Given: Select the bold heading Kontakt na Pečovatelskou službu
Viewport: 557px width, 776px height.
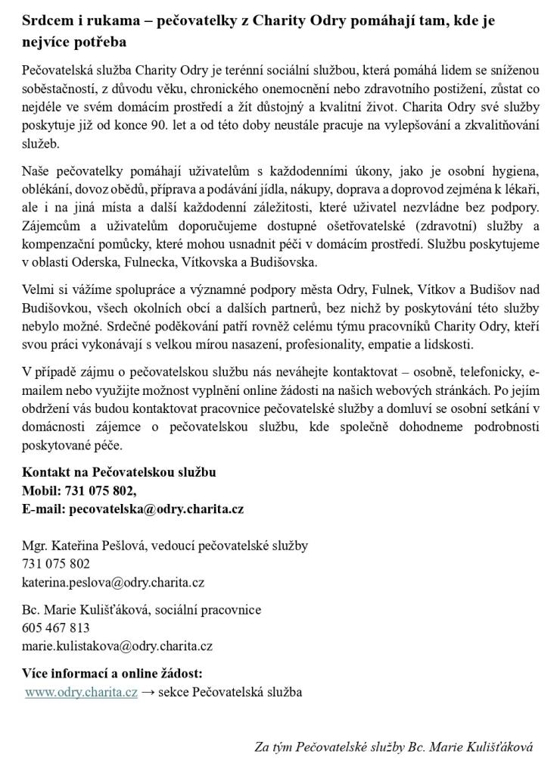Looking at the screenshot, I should pos(119,472).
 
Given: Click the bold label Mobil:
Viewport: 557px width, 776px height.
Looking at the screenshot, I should pos(42,490).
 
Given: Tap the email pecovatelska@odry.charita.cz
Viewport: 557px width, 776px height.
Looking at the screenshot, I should pos(156,508).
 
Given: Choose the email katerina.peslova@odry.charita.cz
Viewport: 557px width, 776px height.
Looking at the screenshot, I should pos(113,582).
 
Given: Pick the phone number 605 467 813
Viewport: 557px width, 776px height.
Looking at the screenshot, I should pos(56,627).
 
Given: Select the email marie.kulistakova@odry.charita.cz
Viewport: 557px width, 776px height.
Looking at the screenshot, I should pos(117,646).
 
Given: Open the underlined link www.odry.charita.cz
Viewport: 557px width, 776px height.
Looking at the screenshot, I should pos(81,692).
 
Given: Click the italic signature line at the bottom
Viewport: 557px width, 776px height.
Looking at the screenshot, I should pos(394,746).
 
